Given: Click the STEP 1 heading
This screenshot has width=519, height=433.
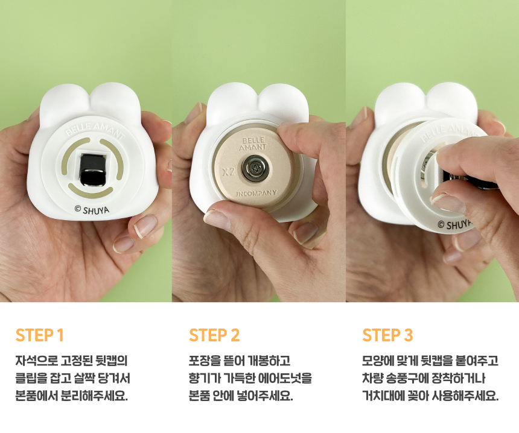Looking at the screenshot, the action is pyautogui.click(x=39, y=335).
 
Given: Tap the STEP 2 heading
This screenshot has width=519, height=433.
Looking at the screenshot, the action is pyautogui.click(x=214, y=335).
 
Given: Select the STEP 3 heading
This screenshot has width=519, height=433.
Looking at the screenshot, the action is pyautogui.click(x=387, y=335).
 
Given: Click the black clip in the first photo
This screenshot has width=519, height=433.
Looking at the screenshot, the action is pyautogui.click(x=92, y=169).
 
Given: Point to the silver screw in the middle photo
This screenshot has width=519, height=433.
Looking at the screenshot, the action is pyautogui.click(x=254, y=168).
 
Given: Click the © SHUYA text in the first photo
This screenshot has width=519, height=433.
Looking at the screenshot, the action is pyautogui.click(x=92, y=210).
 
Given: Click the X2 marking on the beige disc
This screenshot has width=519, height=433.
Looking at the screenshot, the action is pyautogui.click(x=228, y=172).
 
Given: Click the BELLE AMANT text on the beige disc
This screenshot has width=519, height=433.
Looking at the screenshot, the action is pyautogui.click(x=253, y=144).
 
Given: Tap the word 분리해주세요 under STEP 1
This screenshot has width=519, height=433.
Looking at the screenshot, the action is pyautogui.click(x=95, y=396).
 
